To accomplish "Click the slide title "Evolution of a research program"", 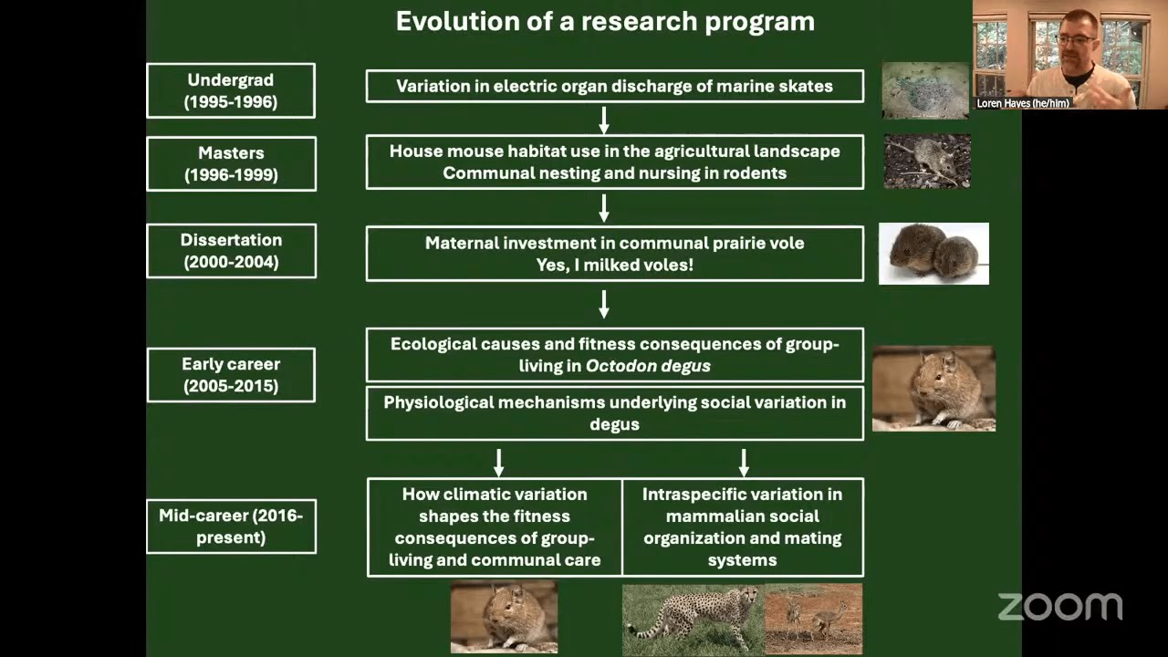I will click(604, 22).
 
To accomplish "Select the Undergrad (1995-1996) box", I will click(231, 90).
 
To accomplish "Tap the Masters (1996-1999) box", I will click(231, 163).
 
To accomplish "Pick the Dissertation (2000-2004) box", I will click(231, 251).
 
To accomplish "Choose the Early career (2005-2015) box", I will click(231, 374).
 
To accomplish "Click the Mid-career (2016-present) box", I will click(231, 527).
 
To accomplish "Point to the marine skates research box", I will click(614, 87).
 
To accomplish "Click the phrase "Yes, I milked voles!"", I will click(614, 266).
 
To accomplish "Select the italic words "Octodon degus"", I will click(648, 366).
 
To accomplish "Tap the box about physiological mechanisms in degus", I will click(614, 413).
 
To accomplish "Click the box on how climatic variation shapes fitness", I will click(495, 527).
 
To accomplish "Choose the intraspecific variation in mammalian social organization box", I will click(742, 527).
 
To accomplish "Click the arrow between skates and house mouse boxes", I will click(603, 119).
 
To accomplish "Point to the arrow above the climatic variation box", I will click(498, 461).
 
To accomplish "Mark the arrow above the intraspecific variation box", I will click(744, 461).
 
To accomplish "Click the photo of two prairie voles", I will click(933, 253).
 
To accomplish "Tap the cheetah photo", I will click(693, 619).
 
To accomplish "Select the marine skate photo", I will click(925, 90).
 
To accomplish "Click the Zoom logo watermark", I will click(1059, 606).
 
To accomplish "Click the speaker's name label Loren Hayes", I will click(1022, 103).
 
